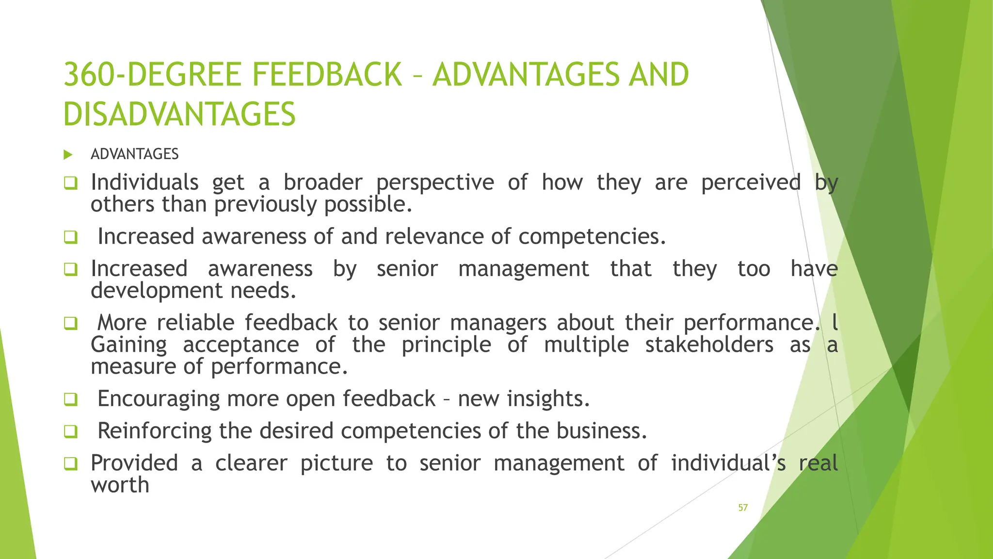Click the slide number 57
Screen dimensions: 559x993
(x=743, y=508)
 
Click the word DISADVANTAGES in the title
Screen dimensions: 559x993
(x=179, y=115)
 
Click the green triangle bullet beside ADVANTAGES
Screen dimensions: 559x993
(x=68, y=155)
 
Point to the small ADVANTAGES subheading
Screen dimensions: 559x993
(x=135, y=154)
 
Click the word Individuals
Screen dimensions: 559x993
(x=144, y=183)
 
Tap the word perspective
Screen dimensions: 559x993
(x=435, y=183)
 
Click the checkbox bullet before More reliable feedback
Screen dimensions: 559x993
(x=71, y=323)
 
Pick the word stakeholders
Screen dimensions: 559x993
(x=709, y=345)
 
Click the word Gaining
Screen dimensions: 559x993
(x=129, y=345)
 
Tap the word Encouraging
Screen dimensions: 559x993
(x=159, y=399)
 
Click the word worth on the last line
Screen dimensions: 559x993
(x=120, y=485)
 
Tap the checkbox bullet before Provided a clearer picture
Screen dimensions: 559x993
(x=71, y=463)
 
